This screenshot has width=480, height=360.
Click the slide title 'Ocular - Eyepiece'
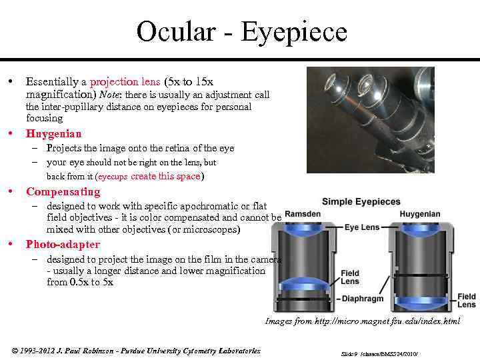pyautogui.click(x=242, y=32)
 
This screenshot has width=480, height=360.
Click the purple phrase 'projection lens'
pyautogui.click(x=125, y=82)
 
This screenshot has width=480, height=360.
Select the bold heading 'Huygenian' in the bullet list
pyautogui.click(x=54, y=134)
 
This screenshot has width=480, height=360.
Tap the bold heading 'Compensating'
pyautogui.click(x=63, y=192)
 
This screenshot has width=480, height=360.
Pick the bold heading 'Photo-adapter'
pyautogui.click(x=63, y=245)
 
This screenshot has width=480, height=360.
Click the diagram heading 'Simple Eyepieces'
pyautogui.click(x=361, y=201)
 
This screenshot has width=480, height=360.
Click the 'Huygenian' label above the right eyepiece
pyautogui.click(x=420, y=214)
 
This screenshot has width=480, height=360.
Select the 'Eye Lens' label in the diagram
pyautogui.click(x=361, y=227)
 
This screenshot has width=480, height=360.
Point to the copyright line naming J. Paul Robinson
pyautogui.click(x=137, y=351)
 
